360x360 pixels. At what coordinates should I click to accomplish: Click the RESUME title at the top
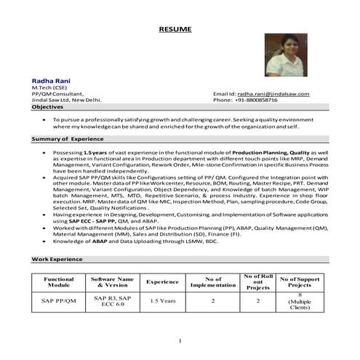[175, 29]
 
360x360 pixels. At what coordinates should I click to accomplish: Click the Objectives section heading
[47, 107]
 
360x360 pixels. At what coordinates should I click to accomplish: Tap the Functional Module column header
[59, 281]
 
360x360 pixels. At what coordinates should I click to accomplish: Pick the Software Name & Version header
[112, 281]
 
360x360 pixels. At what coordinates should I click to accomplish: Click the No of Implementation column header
[213, 281]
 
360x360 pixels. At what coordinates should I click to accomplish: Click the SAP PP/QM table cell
[59, 300]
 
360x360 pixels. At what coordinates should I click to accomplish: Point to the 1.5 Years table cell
[162, 300]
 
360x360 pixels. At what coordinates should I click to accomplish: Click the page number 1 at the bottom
[179, 340]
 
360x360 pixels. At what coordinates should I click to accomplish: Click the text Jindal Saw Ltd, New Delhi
[66, 100]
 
